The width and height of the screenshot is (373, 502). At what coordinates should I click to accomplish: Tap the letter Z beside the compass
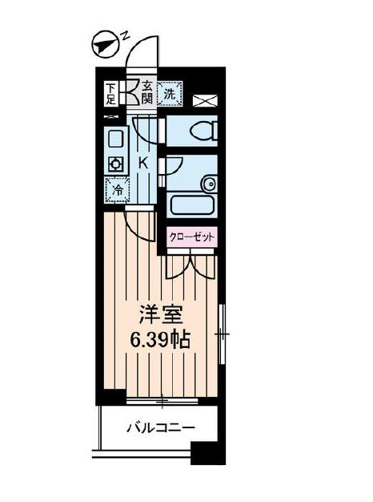pos(124,35)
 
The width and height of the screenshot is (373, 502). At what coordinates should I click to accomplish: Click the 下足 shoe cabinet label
pos(111,93)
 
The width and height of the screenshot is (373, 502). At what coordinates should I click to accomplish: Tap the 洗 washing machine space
pos(170,93)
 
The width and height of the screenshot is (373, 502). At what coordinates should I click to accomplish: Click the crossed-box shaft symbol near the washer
pos(203,101)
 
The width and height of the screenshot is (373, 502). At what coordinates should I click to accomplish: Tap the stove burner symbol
pos(115,164)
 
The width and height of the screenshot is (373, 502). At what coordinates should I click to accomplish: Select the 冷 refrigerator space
pos(116,190)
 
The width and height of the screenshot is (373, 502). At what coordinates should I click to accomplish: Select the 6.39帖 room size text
pos(160,339)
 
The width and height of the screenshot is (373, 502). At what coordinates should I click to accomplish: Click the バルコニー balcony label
pos(158,429)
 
